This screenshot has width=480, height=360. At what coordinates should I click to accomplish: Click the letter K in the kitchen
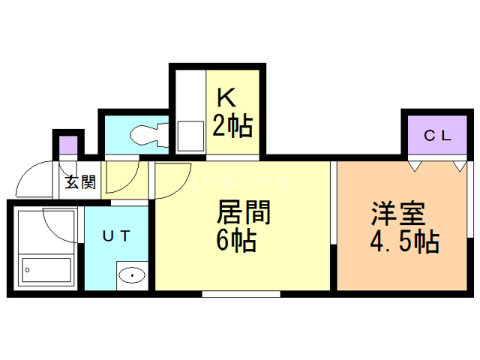point(226,97)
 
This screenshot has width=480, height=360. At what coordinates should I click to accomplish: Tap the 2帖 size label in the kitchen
point(232,125)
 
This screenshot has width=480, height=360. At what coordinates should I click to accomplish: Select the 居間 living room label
point(244,212)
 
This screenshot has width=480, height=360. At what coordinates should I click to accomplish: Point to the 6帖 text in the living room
point(236,241)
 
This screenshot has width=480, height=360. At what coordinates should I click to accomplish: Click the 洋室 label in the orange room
point(398,213)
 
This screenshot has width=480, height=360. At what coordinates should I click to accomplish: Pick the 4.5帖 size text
point(405,241)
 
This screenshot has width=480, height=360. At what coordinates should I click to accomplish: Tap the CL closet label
point(437,136)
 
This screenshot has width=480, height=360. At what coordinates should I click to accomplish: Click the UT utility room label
point(116,235)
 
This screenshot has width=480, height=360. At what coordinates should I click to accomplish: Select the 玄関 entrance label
point(80,181)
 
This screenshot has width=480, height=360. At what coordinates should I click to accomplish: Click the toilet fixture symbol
point(149,135)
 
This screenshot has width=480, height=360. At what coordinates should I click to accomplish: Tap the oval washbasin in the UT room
point(132,275)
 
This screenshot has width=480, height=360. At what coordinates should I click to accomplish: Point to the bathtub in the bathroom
point(46,270)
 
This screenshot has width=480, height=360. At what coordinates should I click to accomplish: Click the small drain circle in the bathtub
point(28,270)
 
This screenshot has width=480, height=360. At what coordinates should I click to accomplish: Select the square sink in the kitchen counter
point(190,136)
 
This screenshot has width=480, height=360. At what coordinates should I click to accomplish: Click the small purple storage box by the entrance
point(68,145)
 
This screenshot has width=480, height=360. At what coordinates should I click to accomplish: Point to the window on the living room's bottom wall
point(241,294)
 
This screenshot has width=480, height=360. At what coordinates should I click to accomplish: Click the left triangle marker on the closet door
point(415,166)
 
